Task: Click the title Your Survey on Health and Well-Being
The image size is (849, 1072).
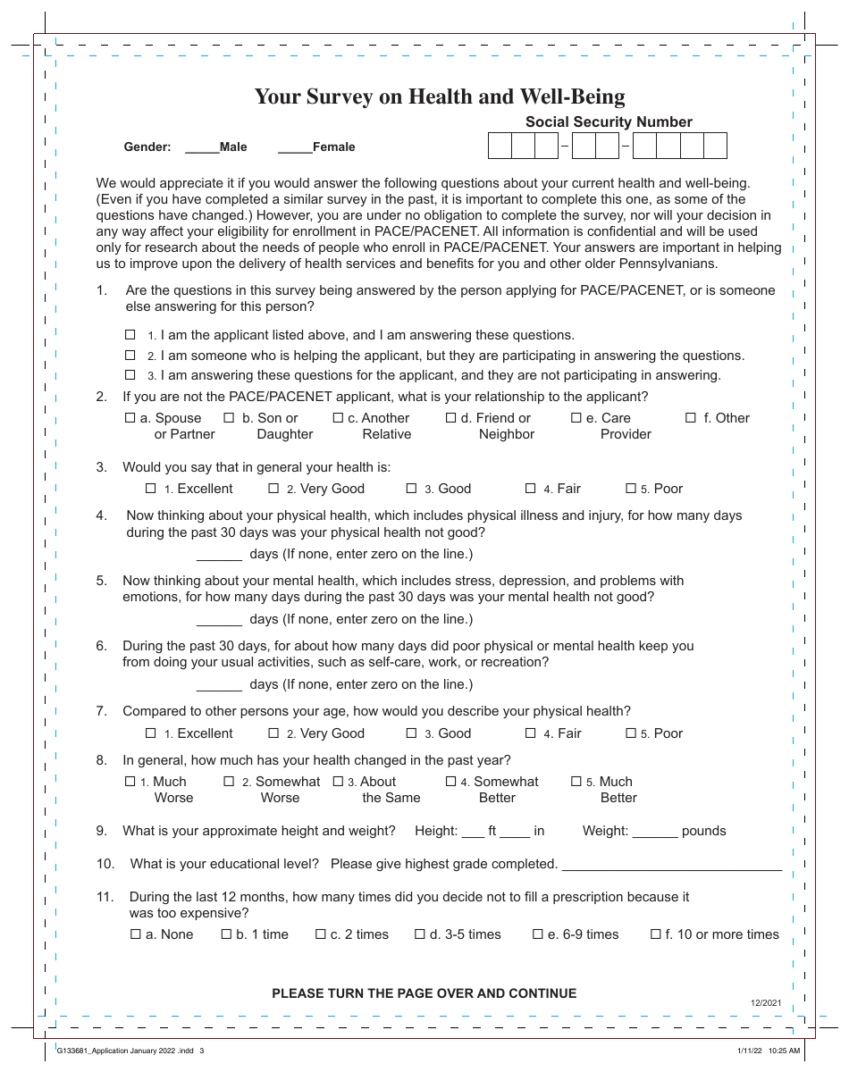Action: click(440, 96)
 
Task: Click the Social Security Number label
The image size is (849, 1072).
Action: click(609, 122)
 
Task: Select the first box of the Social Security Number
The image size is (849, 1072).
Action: click(500, 146)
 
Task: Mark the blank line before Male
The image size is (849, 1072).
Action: click(201, 148)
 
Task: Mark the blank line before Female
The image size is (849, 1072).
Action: click(295, 148)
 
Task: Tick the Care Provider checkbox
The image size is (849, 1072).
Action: click(576, 418)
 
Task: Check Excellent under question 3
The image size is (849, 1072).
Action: click(151, 489)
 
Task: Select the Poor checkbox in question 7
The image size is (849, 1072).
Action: click(631, 733)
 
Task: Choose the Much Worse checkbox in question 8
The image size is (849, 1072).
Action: click(130, 782)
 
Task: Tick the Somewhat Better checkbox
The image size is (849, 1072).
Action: click(451, 782)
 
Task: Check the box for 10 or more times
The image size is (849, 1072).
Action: click(656, 934)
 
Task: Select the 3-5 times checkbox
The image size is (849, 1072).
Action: click(420, 934)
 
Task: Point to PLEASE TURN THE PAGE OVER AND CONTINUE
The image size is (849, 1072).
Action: click(424, 993)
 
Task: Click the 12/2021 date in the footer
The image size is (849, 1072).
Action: click(766, 1003)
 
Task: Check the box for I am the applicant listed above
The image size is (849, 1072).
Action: click(130, 335)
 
